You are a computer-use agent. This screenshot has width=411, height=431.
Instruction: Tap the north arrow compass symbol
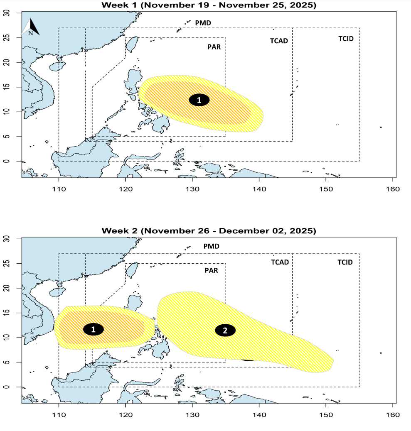[31, 27]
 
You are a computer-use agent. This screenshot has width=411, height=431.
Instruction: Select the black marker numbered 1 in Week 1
[199, 100]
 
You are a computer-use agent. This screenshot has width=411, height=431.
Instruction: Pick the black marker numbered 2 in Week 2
[225, 331]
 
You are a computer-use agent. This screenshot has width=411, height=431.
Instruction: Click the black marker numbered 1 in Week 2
[94, 329]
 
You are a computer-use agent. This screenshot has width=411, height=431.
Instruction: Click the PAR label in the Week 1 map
[214, 47]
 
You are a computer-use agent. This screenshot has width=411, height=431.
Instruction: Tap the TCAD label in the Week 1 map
[279, 41]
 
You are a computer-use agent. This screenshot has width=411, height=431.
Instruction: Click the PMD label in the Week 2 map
[211, 246]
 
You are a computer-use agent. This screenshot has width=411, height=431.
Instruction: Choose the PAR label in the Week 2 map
[211, 270]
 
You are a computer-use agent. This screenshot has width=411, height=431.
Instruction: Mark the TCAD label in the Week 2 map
[280, 262]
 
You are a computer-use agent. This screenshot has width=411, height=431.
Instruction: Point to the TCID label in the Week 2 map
[345, 262]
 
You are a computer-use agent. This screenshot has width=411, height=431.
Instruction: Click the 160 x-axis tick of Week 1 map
[393, 189]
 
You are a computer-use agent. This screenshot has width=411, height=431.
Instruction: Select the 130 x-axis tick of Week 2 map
[192, 415]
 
